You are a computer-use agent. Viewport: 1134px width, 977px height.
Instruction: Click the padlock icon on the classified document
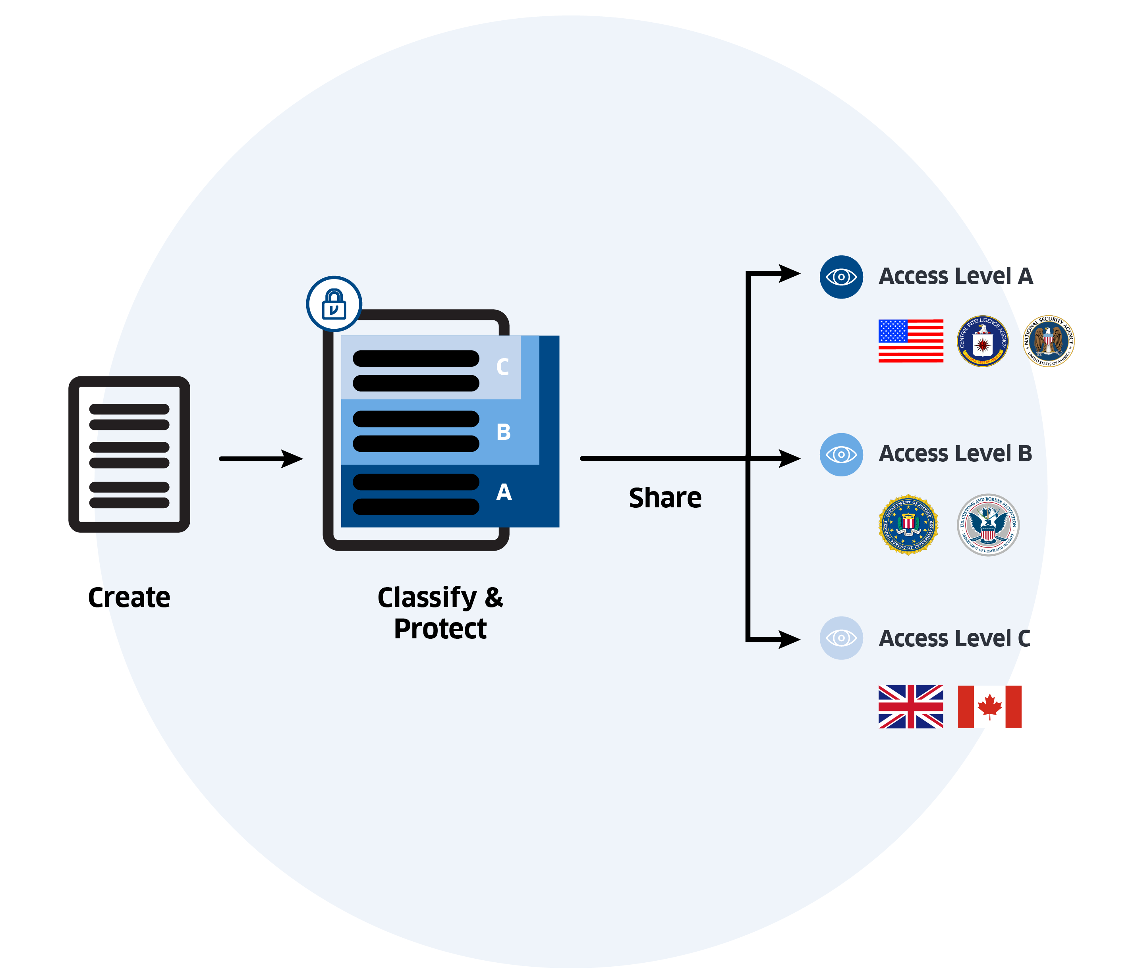pyautogui.click(x=334, y=304)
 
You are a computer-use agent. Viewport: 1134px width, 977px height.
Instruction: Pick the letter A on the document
pyautogui.click(x=504, y=492)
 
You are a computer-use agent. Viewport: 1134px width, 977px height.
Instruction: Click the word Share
pyautogui.click(x=665, y=498)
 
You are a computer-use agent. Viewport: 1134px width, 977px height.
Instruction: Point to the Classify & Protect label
pyautogui.click(x=440, y=613)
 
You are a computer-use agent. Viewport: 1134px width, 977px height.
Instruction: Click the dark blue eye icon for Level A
pyautogui.click(x=841, y=277)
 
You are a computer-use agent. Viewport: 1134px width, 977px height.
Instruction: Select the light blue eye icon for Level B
pyautogui.click(x=841, y=455)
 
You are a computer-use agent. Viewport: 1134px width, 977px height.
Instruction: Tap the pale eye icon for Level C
pyautogui.click(x=841, y=638)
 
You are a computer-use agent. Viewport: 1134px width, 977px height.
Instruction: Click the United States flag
pyautogui.click(x=911, y=341)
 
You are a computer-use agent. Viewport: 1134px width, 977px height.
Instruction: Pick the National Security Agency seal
pyautogui.click(x=1049, y=341)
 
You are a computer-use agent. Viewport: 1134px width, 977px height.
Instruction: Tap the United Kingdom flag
pyautogui.click(x=911, y=706)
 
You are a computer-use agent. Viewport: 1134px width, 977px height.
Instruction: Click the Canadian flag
pyautogui.click(x=989, y=706)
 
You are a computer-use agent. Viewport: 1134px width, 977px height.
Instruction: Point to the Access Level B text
pyautogui.click(x=955, y=453)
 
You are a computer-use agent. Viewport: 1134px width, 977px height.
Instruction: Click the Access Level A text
pyautogui.click(x=955, y=276)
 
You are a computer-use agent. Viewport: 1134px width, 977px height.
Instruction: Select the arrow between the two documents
pyautogui.click(x=261, y=459)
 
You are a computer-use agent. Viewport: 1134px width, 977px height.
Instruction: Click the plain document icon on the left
pyautogui.click(x=129, y=454)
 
